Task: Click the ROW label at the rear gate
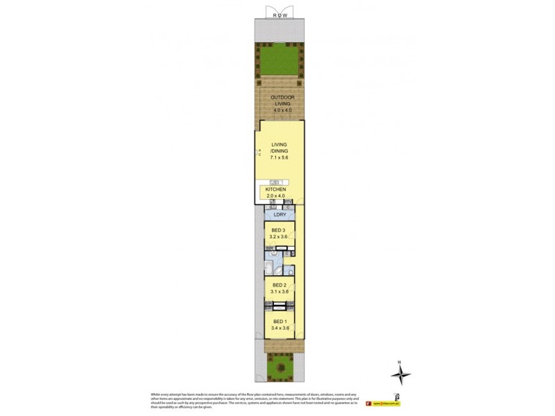click(280, 15)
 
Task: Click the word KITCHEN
click(275, 189)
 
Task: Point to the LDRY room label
click(279, 215)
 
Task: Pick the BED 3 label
click(279, 229)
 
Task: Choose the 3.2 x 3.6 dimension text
click(279, 236)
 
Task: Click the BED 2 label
click(279, 285)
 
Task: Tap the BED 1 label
click(279, 322)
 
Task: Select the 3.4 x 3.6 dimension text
click(279, 329)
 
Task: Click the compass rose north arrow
click(400, 374)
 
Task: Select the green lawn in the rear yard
click(280, 59)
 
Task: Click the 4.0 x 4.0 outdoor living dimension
click(280, 110)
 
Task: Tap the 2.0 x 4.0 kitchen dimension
click(275, 196)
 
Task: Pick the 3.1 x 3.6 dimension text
click(279, 292)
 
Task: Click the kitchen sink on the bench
click(275, 182)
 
